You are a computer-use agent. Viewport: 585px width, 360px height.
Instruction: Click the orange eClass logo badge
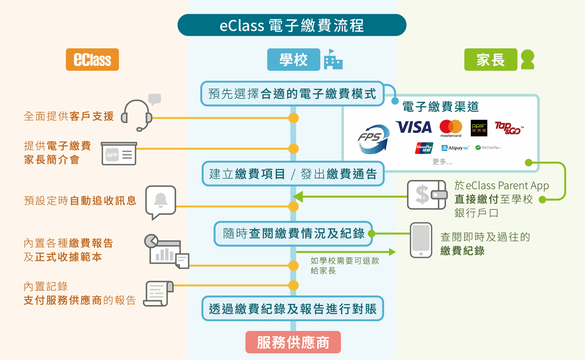coord(92,60)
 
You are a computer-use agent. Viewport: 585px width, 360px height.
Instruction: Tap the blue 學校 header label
coord(293,60)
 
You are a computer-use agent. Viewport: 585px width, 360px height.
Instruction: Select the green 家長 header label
coord(490,60)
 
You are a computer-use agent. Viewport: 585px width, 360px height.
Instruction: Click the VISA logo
coord(414,127)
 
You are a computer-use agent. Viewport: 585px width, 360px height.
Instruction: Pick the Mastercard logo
coord(450,128)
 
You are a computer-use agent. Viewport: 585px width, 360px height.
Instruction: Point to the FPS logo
coord(373,139)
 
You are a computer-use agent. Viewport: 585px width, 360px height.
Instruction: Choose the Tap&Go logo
coord(509,128)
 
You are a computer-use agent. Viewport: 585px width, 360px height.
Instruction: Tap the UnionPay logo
coord(424,148)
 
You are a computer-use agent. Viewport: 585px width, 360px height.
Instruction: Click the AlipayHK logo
coord(455,148)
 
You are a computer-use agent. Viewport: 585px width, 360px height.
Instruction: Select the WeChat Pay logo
coord(488,148)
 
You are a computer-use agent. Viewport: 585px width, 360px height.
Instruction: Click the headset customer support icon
coord(137,115)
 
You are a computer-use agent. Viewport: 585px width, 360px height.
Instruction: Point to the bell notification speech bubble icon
coord(161,202)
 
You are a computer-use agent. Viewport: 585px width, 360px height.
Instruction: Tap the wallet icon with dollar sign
coord(426,195)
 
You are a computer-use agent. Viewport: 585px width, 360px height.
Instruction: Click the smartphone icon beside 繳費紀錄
coord(421,240)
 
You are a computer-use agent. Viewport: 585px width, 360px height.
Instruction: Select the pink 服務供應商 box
coord(293,343)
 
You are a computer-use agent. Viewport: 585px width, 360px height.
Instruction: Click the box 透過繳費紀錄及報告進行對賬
coord(293,309)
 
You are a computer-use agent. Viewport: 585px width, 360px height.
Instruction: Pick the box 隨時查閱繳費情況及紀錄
coord(293,233)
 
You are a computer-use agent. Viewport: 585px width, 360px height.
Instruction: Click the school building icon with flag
coord(333,60)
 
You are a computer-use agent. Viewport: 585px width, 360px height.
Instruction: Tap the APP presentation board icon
coord(119,154)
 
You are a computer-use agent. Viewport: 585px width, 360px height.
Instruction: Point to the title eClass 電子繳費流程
coord(292,25)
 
